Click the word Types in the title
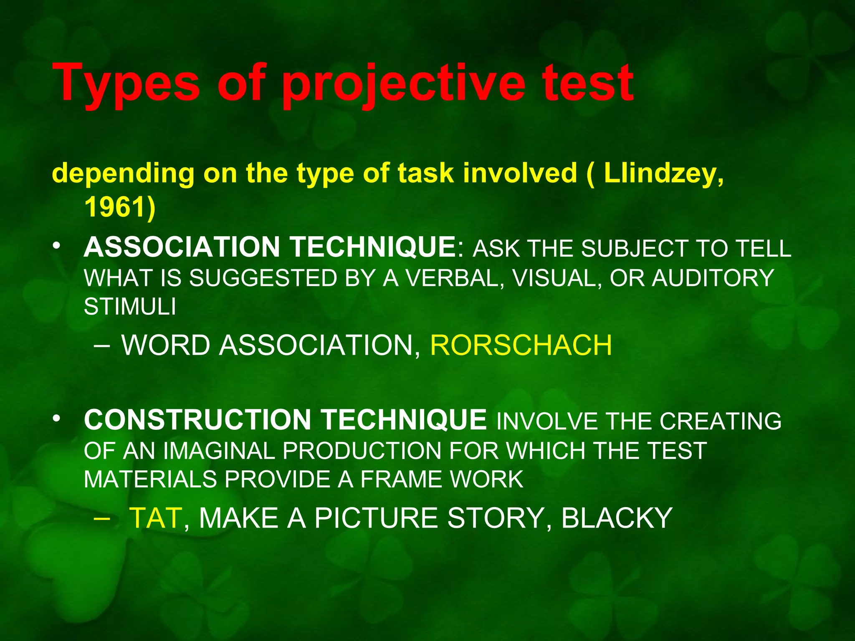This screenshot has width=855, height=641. click(126, 83)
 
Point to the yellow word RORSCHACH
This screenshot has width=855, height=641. click(521, 346)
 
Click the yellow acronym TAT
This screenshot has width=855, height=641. click(155, 518)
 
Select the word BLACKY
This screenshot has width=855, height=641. click(616, 518)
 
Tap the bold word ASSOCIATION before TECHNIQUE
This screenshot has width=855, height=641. click(182, 247)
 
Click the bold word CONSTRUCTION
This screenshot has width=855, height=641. click(197, 419)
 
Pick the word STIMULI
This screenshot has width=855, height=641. click(130, 307)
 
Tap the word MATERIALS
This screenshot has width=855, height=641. click(150, 479)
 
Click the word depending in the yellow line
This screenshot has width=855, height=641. click(123, 174)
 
